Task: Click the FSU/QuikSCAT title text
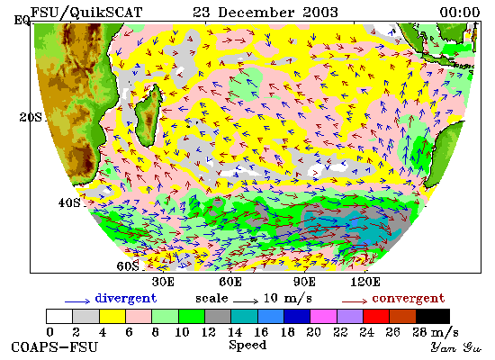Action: pyautogui.click(x=86, y=13)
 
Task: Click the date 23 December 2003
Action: pyautogui.click(x=265, y=13)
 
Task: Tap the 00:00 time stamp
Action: pyautogui.click(x=460, y=13)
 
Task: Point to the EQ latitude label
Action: pyautogui.click(x=22, y=21)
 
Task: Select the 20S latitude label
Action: pyautogui.click(x=31, y=118)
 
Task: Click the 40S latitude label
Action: pyautogui.click(x=69, y=202)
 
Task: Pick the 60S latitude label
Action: pyautogui.click(x=128, y=266)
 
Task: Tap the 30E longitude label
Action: pyautogui.click(x=163, y=282)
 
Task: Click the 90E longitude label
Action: pyautogui.click(x=304, y=282)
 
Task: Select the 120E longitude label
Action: pyautogui.click(x=365, y=282)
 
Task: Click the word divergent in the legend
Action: pyautogui.click(x=126, y=299)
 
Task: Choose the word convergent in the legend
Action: pyautogui.click(x=409, y=299)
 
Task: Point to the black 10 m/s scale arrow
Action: pyautogui.click(x=246, y=301)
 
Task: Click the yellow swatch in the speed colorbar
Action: pyautogui.click(x=112, y=316)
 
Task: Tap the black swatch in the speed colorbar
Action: pyautogui.click(x=433, y=316)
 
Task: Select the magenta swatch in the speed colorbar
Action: pyautogui.click(x=324, y=316)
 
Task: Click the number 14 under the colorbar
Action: pyautogui.click(x=235, y=332)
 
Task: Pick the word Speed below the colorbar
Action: pyautogui.click(x=247, y=346)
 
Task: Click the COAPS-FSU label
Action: pyautogui.click(x=55, y=347)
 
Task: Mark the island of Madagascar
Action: pyautogui.click(x=149, y=115)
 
